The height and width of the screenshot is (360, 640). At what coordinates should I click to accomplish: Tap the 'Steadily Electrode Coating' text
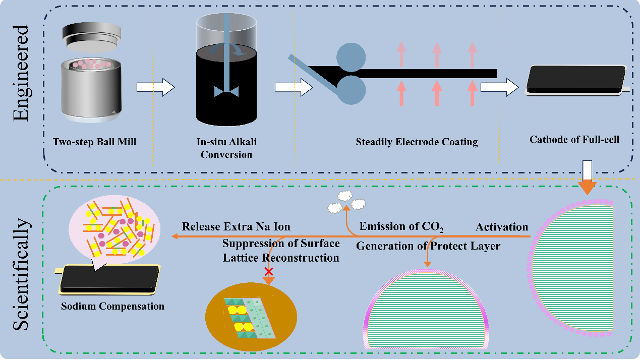416,142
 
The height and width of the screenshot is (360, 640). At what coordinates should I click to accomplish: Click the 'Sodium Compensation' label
112,306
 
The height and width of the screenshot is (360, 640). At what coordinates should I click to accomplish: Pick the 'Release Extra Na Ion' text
236,226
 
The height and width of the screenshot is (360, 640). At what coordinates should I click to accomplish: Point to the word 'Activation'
502,227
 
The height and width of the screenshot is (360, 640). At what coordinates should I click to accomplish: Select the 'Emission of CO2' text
401,227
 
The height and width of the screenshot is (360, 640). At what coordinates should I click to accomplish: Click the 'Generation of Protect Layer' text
428,246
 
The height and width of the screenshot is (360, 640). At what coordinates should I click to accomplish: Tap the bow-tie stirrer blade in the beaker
226,91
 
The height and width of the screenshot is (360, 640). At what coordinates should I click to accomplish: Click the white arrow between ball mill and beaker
155,88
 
